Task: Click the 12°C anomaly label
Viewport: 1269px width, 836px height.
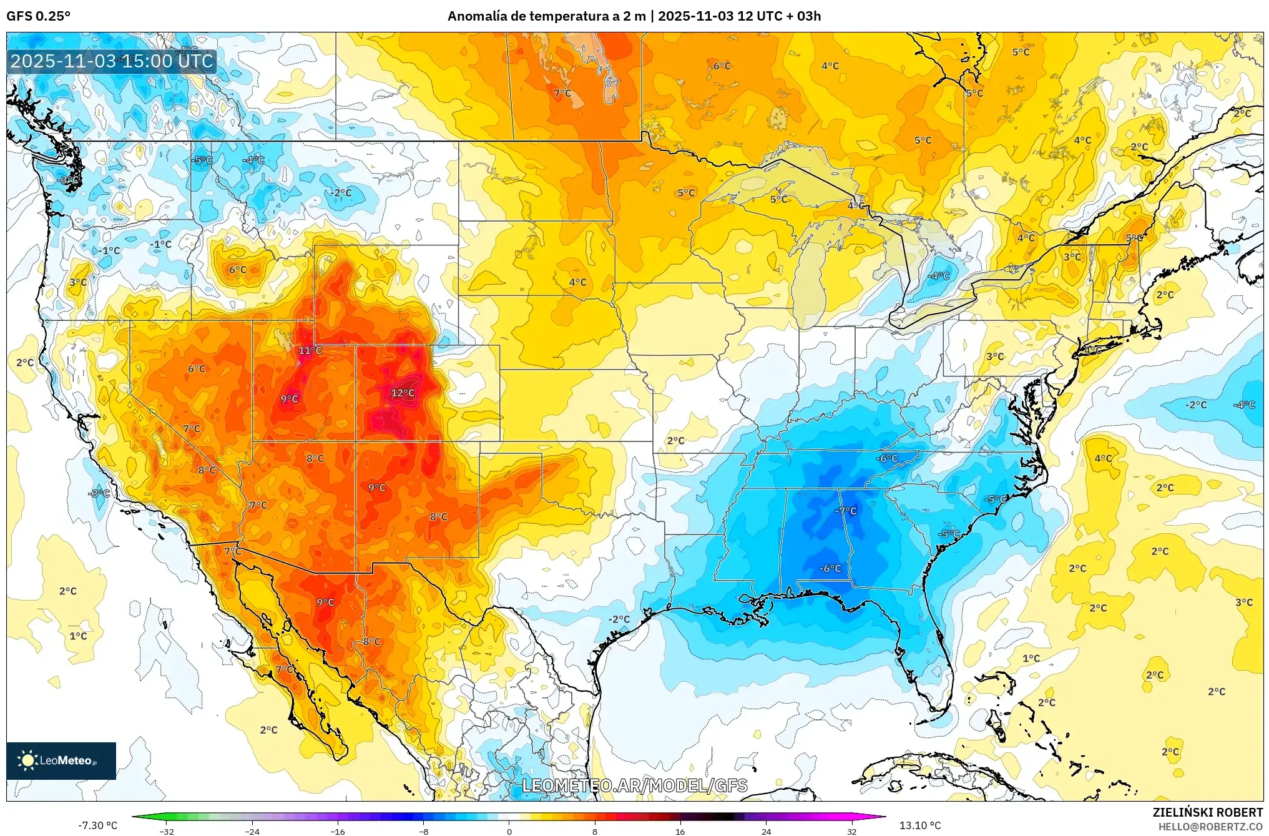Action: pos(403,393)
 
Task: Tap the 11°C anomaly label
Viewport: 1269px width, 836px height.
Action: pos(310,350)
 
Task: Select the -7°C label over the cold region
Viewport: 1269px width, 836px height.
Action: pos(846,511)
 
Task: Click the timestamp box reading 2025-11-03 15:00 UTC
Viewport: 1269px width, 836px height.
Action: pos(112,61)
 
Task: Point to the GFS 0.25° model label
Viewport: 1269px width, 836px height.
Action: pos(39,16)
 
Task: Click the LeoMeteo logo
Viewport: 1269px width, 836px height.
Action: pos(61,760)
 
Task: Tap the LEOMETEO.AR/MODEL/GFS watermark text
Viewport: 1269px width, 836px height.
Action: pos(634,785)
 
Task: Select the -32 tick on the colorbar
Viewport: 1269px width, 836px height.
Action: pos(167,831)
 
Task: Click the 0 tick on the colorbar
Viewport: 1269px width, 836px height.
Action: pos(509,831)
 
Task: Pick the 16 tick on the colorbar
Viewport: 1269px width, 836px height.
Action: pos(680,831)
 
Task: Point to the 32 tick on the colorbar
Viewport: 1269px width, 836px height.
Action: pos(852,831)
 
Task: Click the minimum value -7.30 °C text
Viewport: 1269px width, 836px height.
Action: pos(97,825)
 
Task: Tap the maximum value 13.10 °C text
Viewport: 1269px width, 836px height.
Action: pos(920,825)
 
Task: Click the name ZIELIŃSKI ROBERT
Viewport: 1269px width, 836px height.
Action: pos(1208,812)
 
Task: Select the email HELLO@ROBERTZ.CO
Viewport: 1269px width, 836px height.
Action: pos(1210,827)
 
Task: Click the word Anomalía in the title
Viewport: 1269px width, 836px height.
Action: pos(477,16)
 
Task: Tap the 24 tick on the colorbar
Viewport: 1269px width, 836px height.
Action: pos(767,831)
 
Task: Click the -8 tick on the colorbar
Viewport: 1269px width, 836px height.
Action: pos(424,831)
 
